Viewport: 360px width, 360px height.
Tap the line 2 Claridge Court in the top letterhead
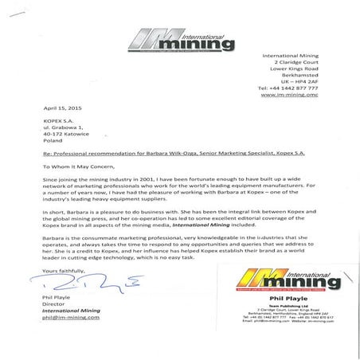[x=290, y=62]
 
